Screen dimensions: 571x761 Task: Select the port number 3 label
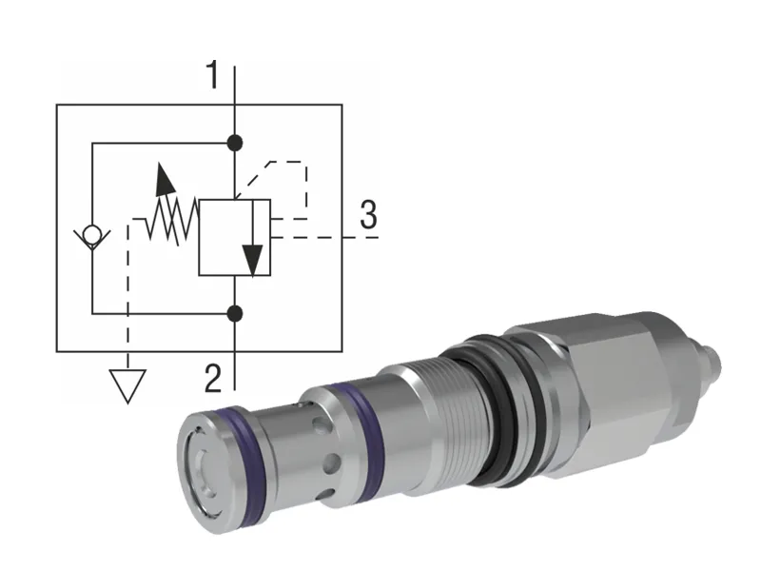point(368,216)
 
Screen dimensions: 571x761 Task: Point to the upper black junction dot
point(235,144)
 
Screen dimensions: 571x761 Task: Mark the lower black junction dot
point(235,312)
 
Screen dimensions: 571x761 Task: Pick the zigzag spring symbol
point(172,221)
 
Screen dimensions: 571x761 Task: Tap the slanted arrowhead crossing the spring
point(164,178)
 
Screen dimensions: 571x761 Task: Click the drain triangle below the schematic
point(127,385)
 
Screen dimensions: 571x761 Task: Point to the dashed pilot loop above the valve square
point(285,176)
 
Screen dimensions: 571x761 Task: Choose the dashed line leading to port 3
point(323,236)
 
